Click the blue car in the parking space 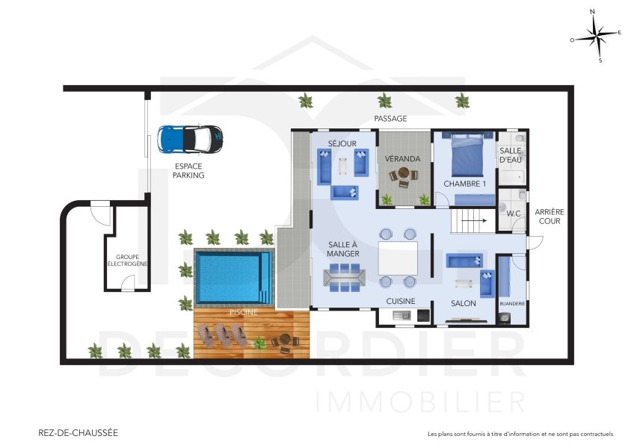click(190, 138)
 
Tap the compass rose click(596, 34)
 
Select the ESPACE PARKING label click(188, 171)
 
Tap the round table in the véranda click(404, 177)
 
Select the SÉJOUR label click(342, 143)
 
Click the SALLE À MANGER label click(343, 249)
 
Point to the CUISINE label click(401, 302)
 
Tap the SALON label click(464, 303)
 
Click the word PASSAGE click(390, 119)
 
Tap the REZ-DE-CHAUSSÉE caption click(78, 432)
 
